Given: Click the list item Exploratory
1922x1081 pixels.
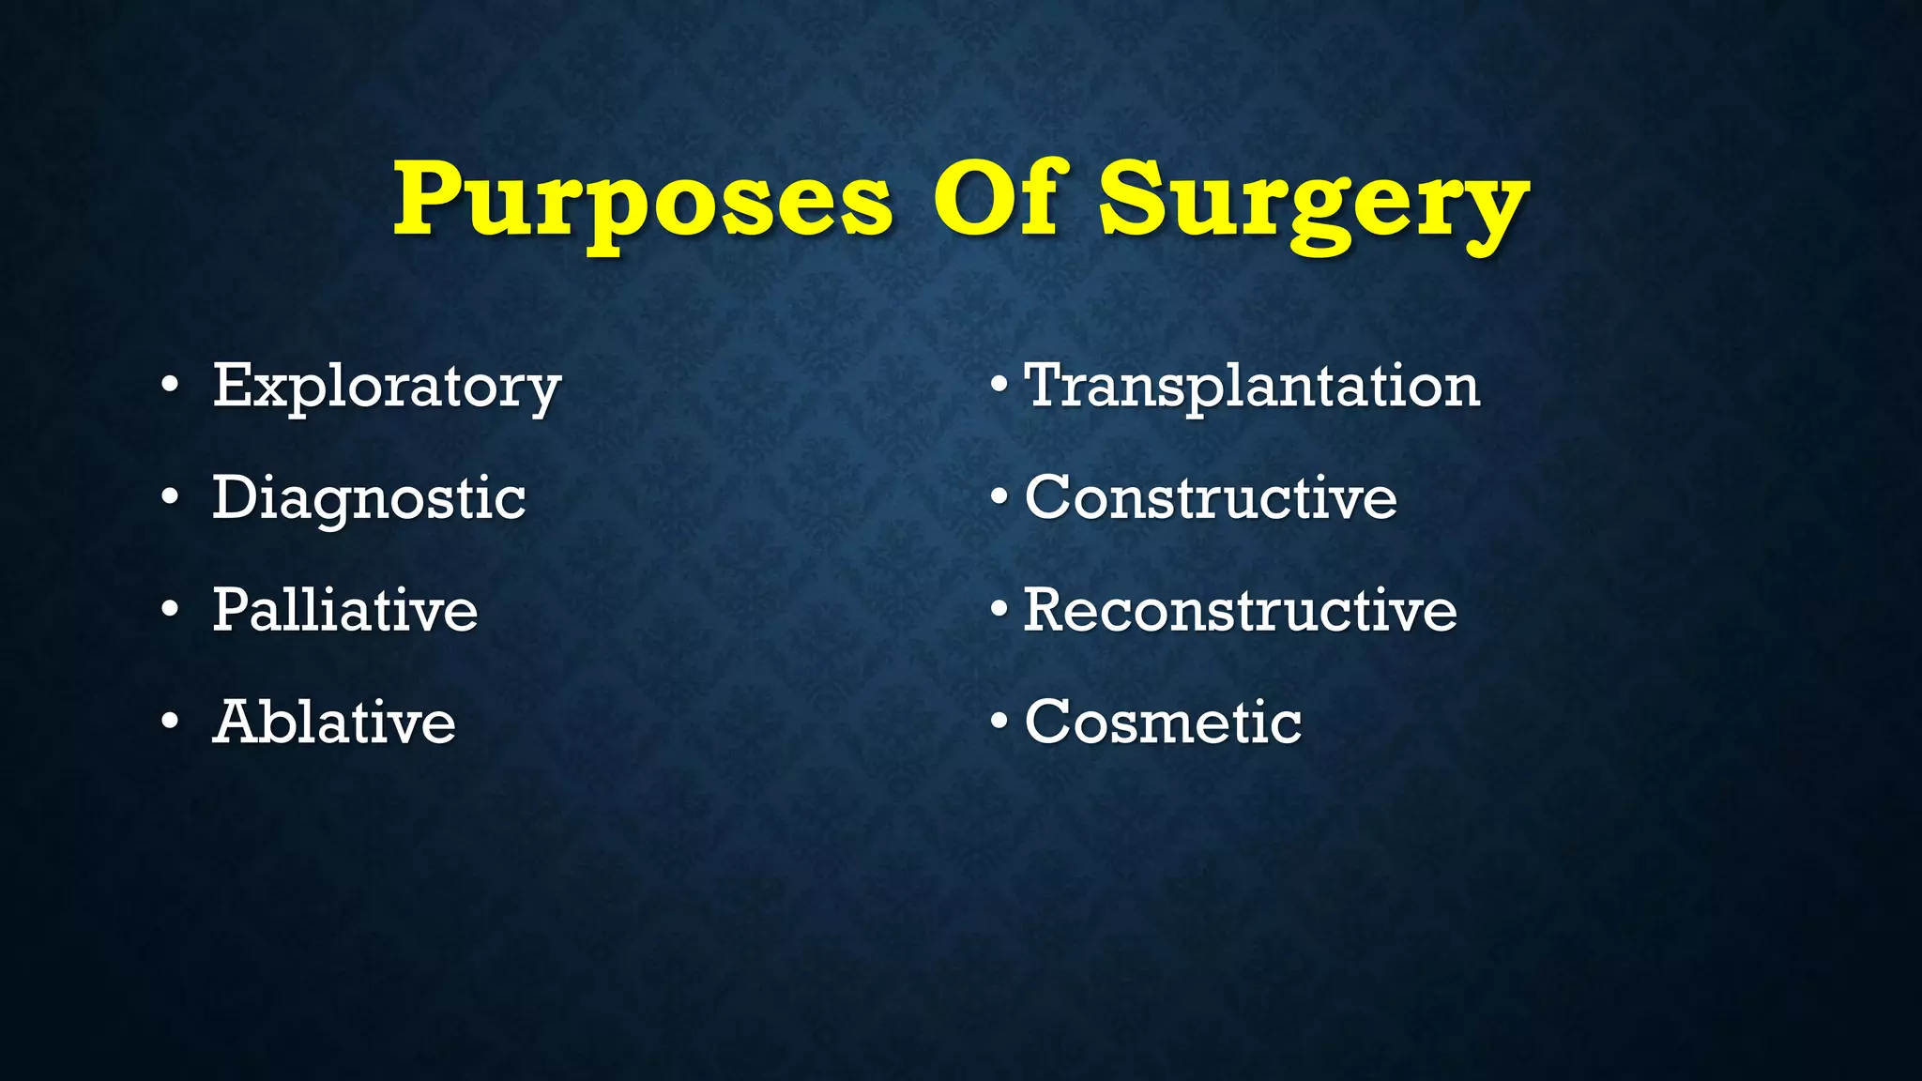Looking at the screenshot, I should point(387,386).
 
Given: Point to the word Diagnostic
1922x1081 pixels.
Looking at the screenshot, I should point(369,497).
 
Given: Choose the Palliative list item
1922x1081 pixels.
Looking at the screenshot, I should point(345,610).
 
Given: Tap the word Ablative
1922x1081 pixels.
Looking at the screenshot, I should point(334,722).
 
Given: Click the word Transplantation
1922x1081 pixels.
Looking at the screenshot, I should point(1252,386).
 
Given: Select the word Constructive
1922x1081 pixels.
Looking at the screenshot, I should point(1211,497).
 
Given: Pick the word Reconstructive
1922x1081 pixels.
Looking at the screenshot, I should point(1240,610).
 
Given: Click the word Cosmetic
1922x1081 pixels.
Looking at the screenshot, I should point(1163,722).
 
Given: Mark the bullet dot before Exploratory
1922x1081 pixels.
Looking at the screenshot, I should point(169,386).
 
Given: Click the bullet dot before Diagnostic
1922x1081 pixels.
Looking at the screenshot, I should point(169,498).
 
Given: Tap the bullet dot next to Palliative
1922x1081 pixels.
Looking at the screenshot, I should point(169,610).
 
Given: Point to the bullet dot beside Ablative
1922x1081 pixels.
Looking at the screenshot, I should point(169,723).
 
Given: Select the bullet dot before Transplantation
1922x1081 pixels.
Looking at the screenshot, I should point(999,386).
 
